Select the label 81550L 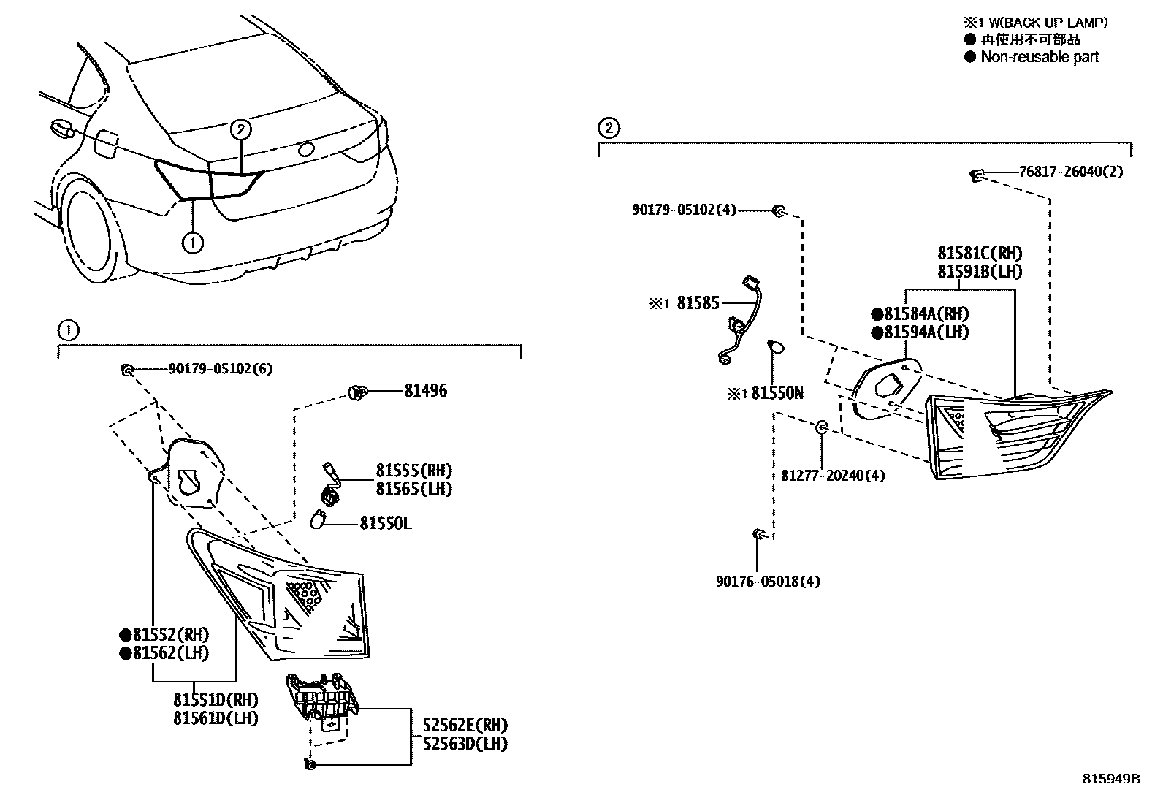pyautogui.click(x=385, y=523)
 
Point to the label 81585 pyautogui.click(x=698, y=303)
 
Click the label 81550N pyautogui.click(x=777, y=394)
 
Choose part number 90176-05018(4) pyautogui.click(x=767, y=582)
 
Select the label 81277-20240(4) pyautogui.click(x=832, y=476)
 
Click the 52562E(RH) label pyautogui.click(x=465, y=725)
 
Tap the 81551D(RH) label pyautogui.click(x=216, y=699)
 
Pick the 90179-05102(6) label pyautogui.click(x=220, y=370)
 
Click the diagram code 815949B pyautogui.click(x=1110, y=779)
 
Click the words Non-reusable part pyautogui.click(x=1039, y=57)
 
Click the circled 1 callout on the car pyautogui.click(x=192, y=242)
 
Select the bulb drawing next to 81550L pyautogui.click(x=318, y=520)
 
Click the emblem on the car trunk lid pyautogui.click(x=306, y=150)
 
